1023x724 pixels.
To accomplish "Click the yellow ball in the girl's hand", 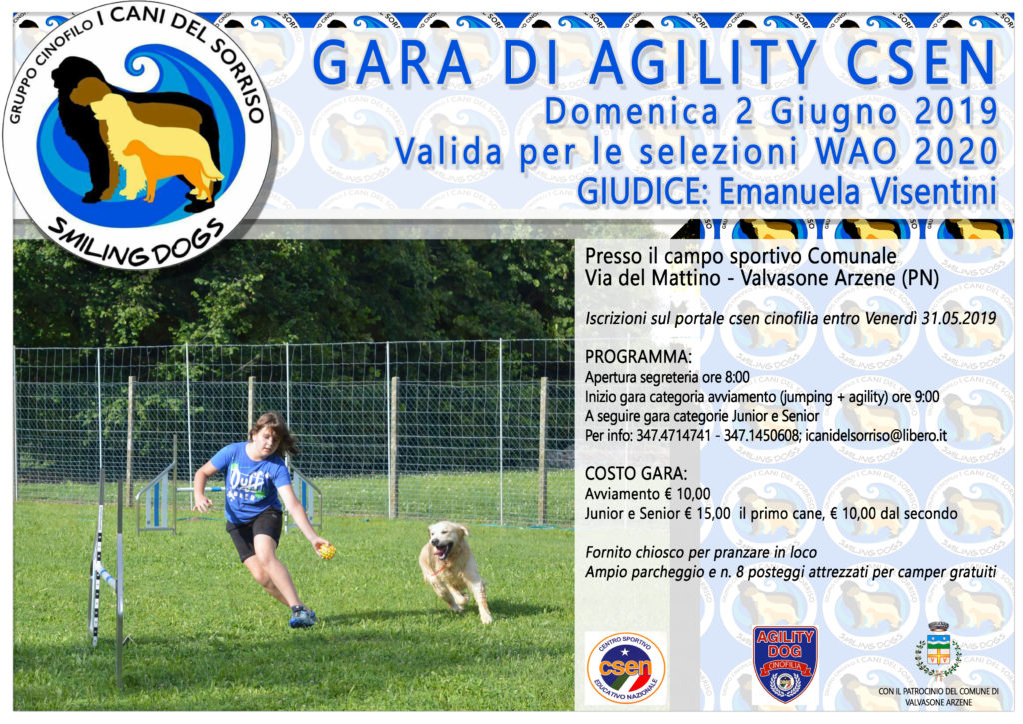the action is point(327,551).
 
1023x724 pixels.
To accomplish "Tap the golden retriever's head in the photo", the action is point(445,541).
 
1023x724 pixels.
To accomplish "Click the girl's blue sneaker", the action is point(302,616).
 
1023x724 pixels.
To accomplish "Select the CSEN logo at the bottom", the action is point(626,668).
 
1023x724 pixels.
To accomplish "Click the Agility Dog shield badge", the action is point(785,664).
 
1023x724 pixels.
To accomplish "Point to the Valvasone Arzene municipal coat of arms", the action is point(938,652).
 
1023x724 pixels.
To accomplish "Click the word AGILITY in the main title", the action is point(703,63).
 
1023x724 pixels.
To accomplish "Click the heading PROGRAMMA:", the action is point(638,357).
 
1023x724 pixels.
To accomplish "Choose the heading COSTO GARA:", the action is point(636,473).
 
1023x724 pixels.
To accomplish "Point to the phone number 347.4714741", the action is point(674,435).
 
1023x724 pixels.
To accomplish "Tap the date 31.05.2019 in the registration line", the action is point(958,319).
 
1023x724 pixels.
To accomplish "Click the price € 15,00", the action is point(707,514).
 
